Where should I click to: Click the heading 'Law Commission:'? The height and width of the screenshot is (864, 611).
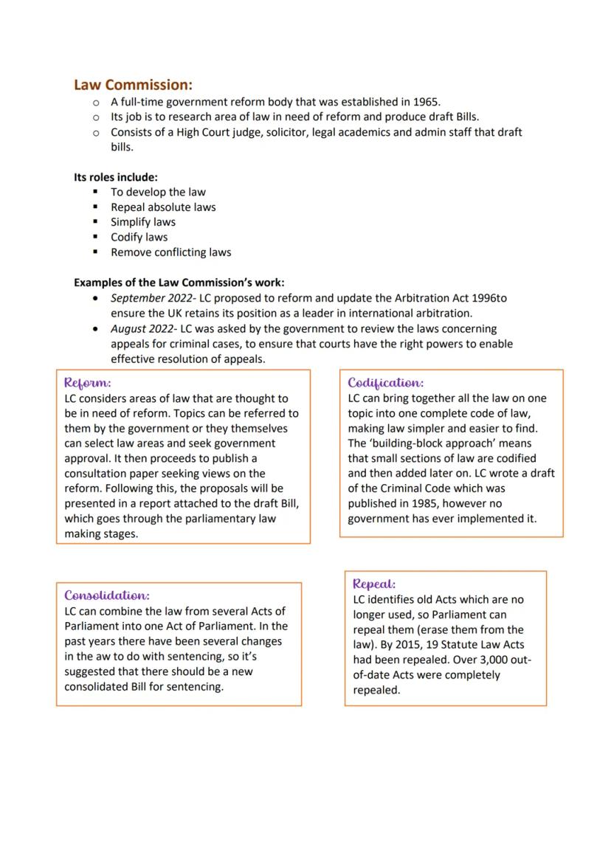tap(133, 86)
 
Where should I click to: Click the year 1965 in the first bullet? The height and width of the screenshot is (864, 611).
tap(425, 102)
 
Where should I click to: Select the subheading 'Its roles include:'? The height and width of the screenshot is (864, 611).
tap(115, 177)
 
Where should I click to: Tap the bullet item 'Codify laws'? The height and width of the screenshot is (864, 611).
tap(139, 237)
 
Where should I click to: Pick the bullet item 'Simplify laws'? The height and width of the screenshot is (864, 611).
tap(142, 222)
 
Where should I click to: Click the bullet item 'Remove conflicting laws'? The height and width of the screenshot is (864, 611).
tap(170, 252)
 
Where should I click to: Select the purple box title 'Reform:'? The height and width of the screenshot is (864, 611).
tap(88, 383)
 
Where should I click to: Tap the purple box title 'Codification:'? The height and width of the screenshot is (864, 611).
tap(386, 383)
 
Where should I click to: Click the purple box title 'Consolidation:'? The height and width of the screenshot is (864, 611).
tap(107, 595)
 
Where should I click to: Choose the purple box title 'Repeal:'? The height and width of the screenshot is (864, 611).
tap(374, 584)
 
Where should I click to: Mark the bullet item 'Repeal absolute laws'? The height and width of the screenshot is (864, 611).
tap(163, 207)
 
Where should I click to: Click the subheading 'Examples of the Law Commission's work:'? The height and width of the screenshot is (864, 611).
tap(179, 283)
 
